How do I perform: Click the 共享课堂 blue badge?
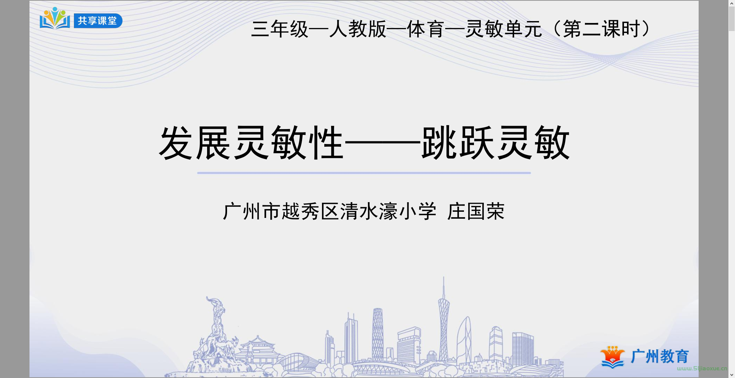tap(98, 21)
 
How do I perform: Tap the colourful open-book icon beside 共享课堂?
tap(55, 18)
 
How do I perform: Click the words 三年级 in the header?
tap(280, 29)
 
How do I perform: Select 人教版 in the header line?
tap(358, 29)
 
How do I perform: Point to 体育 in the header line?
tap(425, 29)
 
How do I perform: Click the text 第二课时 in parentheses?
tap(601, 29)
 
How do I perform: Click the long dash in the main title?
tap(382, 144)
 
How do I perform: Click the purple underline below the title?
tap(364, 173)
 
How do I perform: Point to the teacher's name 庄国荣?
tap(476, 211)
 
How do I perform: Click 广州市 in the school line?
tap(252, 211)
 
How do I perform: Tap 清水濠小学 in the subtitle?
tap(388, 211)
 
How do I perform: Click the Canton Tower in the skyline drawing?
tap(444, 318)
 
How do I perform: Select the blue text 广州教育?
tap(660, 357)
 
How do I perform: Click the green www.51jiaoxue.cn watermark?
tap(702, 368)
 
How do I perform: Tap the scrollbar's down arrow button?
tap(732, 375)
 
